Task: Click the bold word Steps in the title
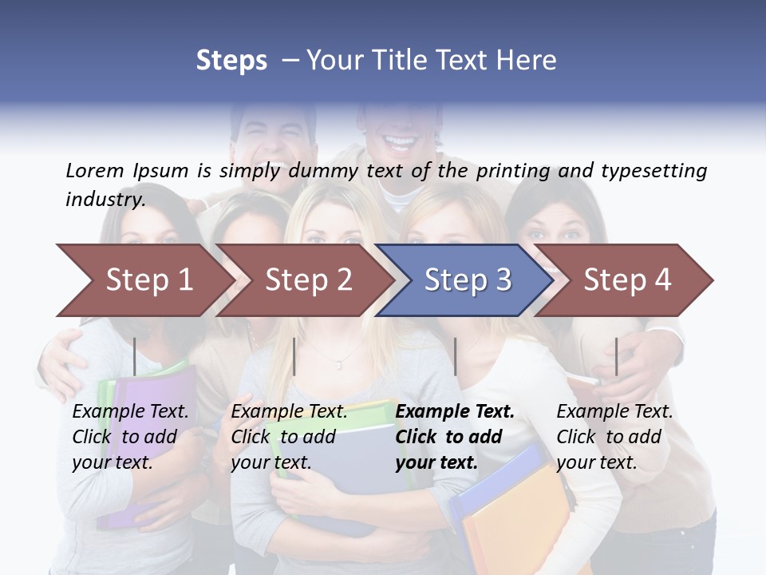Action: pyautogui.click(x=231, y=61)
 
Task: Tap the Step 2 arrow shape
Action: pyautogui.click(x=308, y=280)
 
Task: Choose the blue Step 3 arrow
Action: pyautogui.click(x=468, y=280)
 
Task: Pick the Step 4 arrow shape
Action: pyautogui.click(x=627, y=280)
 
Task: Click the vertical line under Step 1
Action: pyautogui.click(x=135, y=356)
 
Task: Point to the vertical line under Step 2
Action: pyautogui.click(x=294, y=356)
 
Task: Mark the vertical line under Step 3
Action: pyautogui.click(x=455, y=356)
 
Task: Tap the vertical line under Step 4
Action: pyautogui.click(x=616, y=356)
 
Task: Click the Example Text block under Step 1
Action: pyautogui.click(x=130, y=437)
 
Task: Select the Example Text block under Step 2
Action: pyautogui.click(x=289, y=437)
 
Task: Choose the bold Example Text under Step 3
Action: pyautogui.click(x=455, y=437)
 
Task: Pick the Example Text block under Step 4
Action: pyautogui.click(x=614, y=437)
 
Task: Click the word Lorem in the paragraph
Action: pyautogui.click(x=95, y=170)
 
